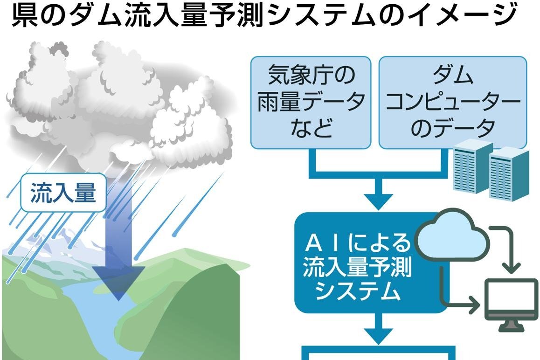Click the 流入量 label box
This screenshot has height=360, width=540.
point(63,194)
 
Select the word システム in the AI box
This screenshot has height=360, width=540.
point(357,291)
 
